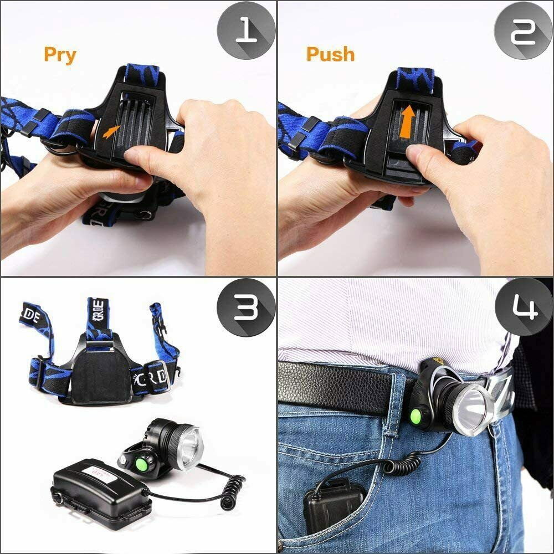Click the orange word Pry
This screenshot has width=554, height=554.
60,55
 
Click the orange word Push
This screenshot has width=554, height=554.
330,54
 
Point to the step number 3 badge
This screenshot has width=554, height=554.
245,308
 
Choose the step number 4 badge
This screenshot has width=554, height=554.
524,307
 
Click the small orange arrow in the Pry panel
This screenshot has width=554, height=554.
112,132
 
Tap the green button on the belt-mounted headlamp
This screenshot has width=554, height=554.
416,417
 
